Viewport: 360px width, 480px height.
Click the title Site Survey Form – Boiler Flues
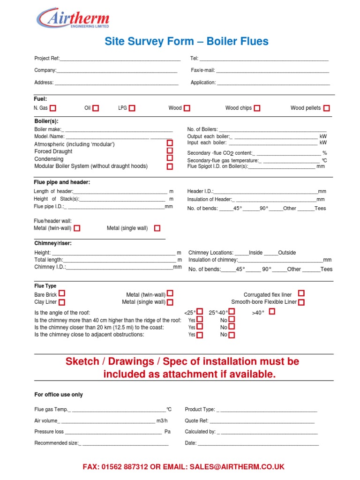(187, 41)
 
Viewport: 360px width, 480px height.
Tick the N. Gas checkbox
(53, 108)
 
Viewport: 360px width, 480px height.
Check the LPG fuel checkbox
(132, 108)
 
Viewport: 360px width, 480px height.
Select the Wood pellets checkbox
(326, 108)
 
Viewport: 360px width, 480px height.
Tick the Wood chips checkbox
(257, 108)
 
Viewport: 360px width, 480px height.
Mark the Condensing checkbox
(170, 158)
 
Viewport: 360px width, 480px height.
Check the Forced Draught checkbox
(170, 151)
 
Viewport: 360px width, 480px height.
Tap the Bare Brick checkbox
(62, 295)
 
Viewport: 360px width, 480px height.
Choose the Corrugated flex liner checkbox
(301, 293)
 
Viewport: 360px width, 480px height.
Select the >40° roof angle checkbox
(272, 311)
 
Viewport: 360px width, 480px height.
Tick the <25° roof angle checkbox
(200, 312)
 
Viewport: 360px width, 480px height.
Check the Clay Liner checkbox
(62, 302)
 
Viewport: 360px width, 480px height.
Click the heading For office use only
(59, 395)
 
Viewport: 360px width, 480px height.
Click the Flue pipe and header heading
(62, 182)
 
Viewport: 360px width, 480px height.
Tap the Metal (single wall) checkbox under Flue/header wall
(157, 228)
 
